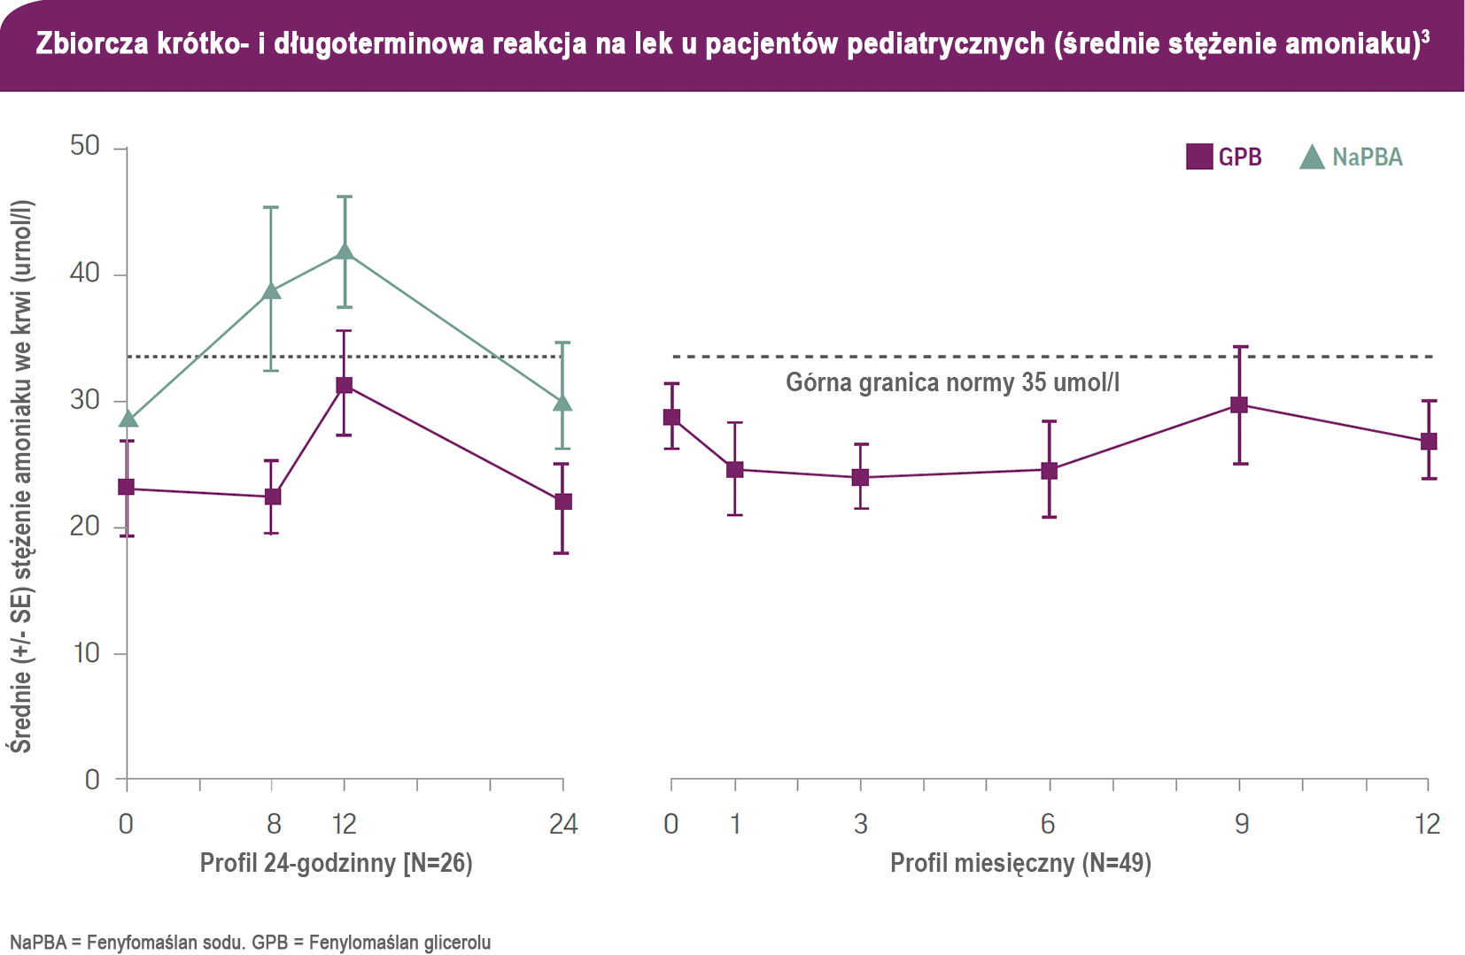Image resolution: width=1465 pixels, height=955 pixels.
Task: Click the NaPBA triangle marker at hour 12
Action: pyautogui.click(x=345, y=252)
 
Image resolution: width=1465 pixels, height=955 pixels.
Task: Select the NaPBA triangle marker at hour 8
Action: pyautogui.click(x=272, y=290)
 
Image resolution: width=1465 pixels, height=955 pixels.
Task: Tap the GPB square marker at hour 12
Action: pyautogui.click(x=345, y=386)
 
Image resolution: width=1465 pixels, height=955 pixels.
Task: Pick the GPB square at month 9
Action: pyautogui.click(x=1239, y=405)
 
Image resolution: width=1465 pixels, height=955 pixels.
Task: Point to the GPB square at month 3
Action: pyautogui.click(x=860, y=478)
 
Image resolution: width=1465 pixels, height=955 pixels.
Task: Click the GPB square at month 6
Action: pyautogui.click(x=1049, y=471)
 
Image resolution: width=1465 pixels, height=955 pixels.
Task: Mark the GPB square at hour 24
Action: pyautogui.click(x=562, y=502)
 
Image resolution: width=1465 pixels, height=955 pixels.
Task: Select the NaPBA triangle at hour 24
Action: pyautogui.click(x=562, y=404)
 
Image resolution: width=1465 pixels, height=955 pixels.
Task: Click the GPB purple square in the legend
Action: pyautogui.click(x=1198, y=157)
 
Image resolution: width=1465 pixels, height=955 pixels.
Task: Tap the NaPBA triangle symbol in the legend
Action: pyautogui.click(x=1311, y=158)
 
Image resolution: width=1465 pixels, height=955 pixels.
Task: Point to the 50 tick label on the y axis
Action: pyautogui.click(x=85, y=146)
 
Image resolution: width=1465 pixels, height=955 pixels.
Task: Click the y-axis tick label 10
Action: pyautogui.click(x=87, y=653)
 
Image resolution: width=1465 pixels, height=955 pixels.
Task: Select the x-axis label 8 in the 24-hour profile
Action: pyautogui.click(x=274, y=824)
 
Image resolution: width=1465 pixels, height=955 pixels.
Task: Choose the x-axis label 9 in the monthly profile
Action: pyautogui.click(x=1242, y=824)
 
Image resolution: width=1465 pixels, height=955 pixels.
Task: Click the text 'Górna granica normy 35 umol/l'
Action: pyautogui.click(x=952, y=382)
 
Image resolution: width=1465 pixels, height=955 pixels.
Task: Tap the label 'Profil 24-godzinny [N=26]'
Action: pyautogui.click(x=336, y=863)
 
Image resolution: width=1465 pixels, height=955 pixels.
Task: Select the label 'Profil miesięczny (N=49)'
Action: pyautogui.click(x=1020, y=863)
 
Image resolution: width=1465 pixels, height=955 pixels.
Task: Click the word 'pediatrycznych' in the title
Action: pyautogui.click(x=946, y=43)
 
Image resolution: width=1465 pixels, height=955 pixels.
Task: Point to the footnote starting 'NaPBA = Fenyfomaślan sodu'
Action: pyautogui.click(x=250, y=942)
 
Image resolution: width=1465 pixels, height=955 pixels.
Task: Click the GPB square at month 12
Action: pyautogui.click(x=1428, y=442)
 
